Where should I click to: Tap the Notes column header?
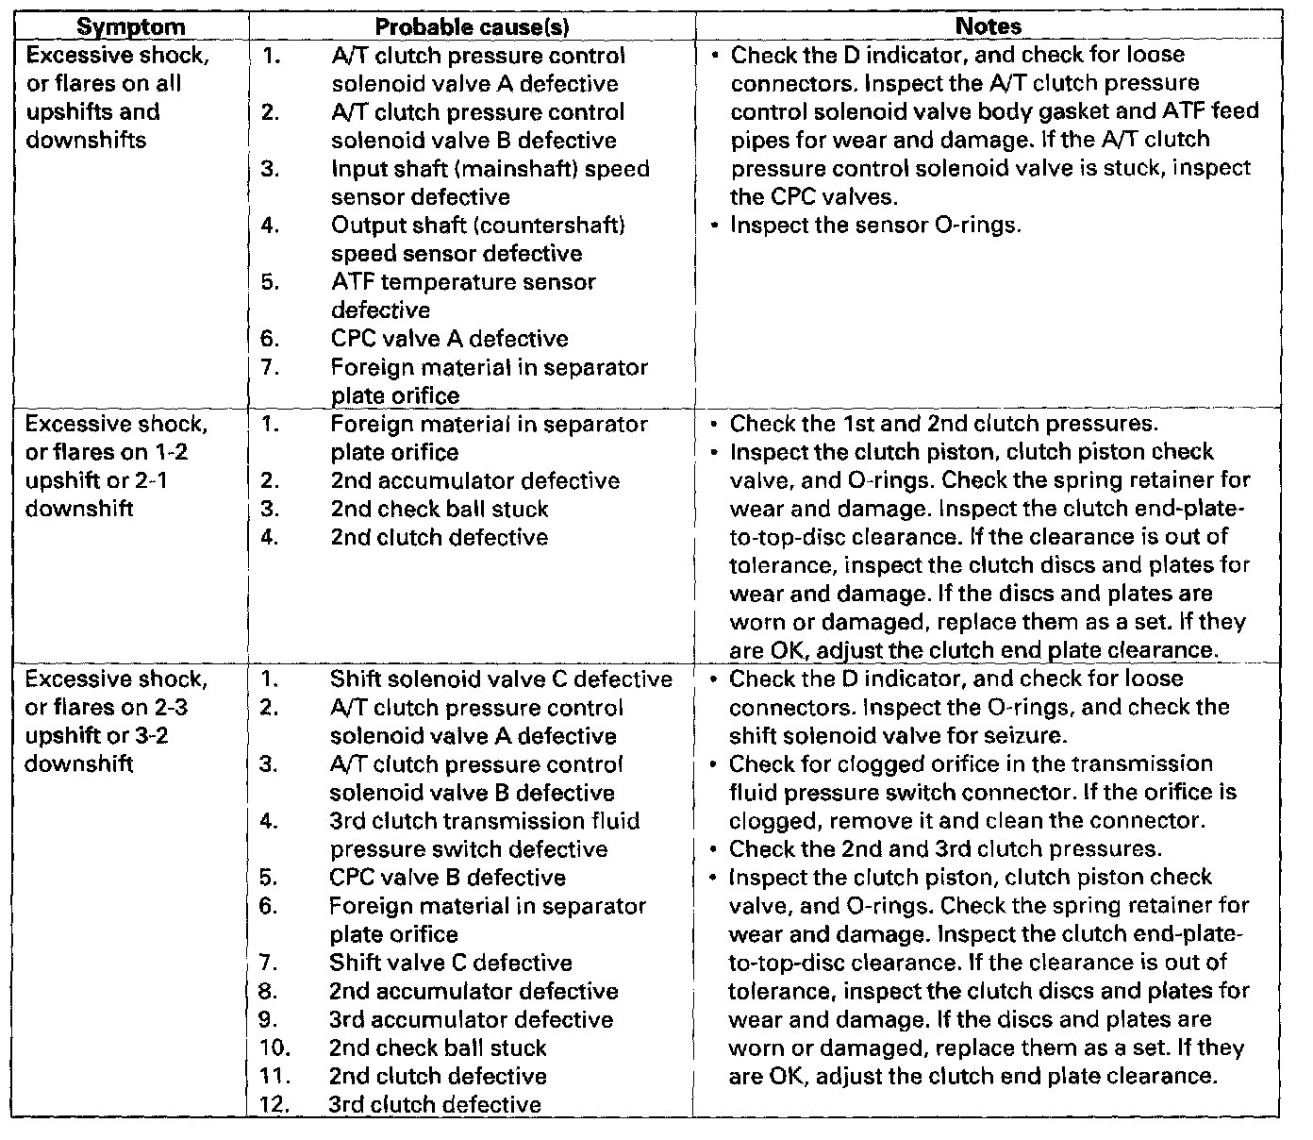coord(988,26)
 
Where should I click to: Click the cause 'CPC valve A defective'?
coord(449,339)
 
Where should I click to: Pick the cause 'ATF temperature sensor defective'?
coord(462,295)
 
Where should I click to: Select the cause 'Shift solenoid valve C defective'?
coord(501,679)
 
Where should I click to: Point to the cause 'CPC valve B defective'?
coord(447,878)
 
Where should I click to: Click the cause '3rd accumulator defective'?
coord(471,1019)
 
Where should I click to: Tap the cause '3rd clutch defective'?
coord(435,1104)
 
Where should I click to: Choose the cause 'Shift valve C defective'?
coord(450,963)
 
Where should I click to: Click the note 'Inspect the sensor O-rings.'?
coord(875,226)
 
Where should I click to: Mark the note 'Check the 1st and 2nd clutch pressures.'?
coord(943,424)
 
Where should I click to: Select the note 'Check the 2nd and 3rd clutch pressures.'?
coord(945,848)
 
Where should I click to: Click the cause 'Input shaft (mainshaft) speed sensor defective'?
coord(490,182)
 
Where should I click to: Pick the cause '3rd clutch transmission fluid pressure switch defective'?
coord(483,835)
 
